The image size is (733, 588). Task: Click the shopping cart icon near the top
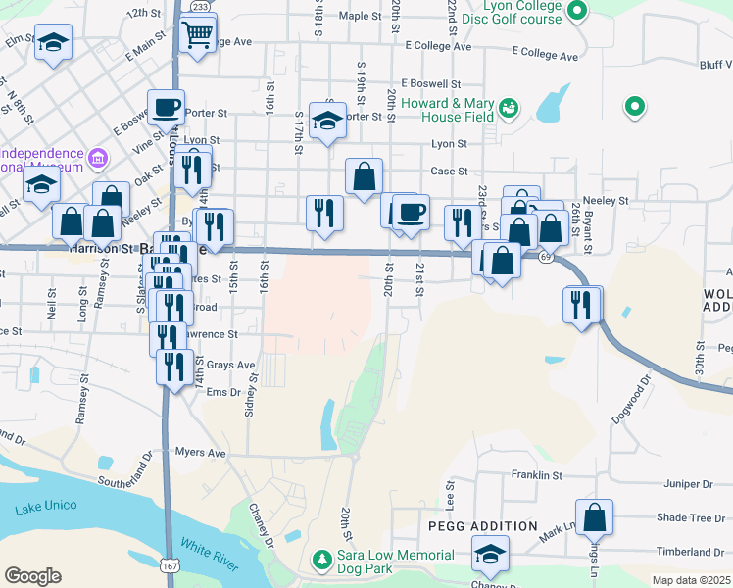198,34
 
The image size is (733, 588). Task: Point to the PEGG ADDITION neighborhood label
483,526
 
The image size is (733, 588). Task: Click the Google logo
32,576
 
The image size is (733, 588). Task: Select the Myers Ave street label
200,453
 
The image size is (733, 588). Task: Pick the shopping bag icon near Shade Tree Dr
594,515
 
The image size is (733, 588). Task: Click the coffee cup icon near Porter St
167,107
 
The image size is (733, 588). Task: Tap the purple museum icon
97,158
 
